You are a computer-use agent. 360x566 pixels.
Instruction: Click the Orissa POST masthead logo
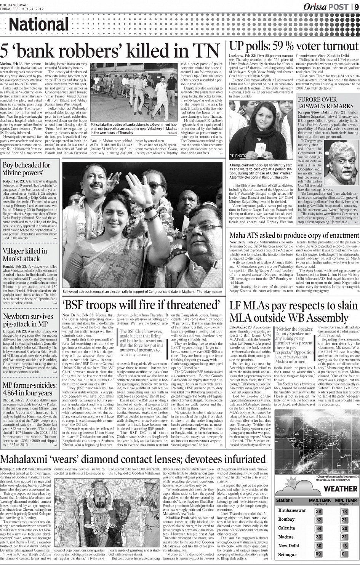coord(326,6)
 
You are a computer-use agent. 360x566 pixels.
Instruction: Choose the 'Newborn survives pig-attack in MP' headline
coord(28,320)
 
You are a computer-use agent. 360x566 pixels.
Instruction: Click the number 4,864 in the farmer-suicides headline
coord(15,393)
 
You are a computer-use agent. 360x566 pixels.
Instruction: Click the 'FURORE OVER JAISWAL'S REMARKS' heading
coord(325,102)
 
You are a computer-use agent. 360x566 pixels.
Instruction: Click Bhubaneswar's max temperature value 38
coord(319,512)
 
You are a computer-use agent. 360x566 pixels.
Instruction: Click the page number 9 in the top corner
coord(356,6)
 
